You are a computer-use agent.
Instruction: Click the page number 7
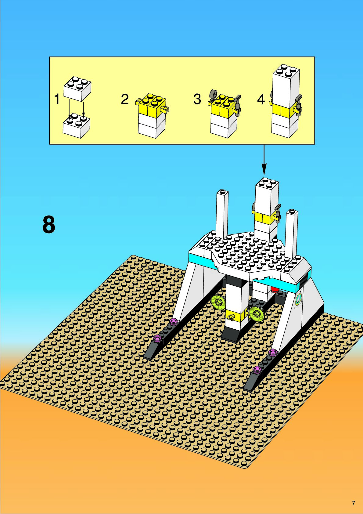click(353, 503)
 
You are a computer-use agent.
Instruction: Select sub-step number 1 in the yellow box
click(57, 100)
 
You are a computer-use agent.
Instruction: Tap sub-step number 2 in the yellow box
click(125, 100)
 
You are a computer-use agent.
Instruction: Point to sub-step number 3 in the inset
click(197, 100)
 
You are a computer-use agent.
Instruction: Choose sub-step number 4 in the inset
click(261, 100)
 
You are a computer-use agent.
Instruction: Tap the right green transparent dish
click(256, 313)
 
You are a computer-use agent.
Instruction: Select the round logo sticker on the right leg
click(298, 299)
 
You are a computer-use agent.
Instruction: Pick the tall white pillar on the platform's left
click(222, 214)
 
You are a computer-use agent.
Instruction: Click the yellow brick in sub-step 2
click(152, 106)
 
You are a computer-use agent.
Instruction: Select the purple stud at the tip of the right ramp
click(257, 370)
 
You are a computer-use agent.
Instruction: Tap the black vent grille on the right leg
click(304, 279)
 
